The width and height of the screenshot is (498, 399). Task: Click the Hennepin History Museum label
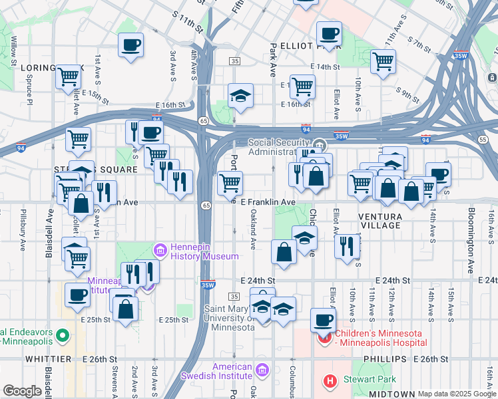tap(204, 251)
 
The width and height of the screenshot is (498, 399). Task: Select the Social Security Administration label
tap(280, 147)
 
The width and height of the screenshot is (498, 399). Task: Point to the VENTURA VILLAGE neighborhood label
tap(379, 221)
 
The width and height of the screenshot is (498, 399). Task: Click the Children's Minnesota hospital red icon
tap(326, 338)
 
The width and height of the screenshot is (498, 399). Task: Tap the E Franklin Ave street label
tap(268, 201)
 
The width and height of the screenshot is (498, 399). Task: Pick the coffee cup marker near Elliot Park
tap(329, 33)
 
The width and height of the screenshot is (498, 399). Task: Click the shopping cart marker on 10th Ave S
tap(383, 62)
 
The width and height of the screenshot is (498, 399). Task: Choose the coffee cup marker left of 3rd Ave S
tap(130, 45)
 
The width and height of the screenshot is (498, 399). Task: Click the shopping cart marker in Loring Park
tap(68, 77)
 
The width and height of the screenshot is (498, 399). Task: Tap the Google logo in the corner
tap(22, 391)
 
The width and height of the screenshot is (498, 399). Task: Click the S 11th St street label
tap(186, 21)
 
